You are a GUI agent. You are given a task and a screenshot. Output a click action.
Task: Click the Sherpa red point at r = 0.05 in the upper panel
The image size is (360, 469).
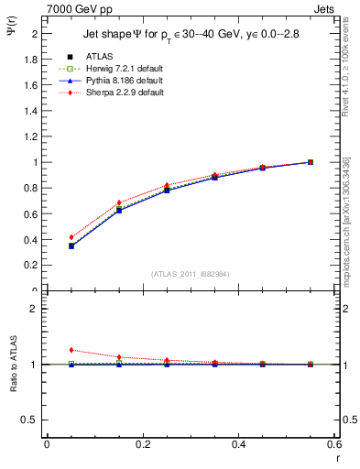click(71, 237)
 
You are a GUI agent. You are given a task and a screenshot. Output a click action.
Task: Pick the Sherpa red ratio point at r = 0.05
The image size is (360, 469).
click(71, 350)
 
